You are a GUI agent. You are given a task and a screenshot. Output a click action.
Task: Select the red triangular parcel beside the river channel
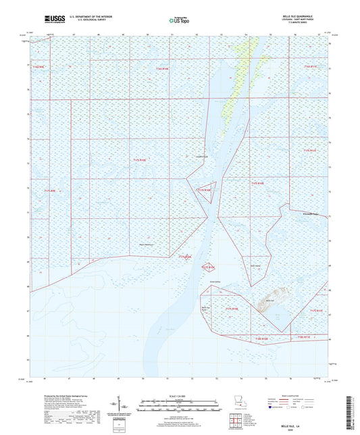[x=207, y=191]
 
